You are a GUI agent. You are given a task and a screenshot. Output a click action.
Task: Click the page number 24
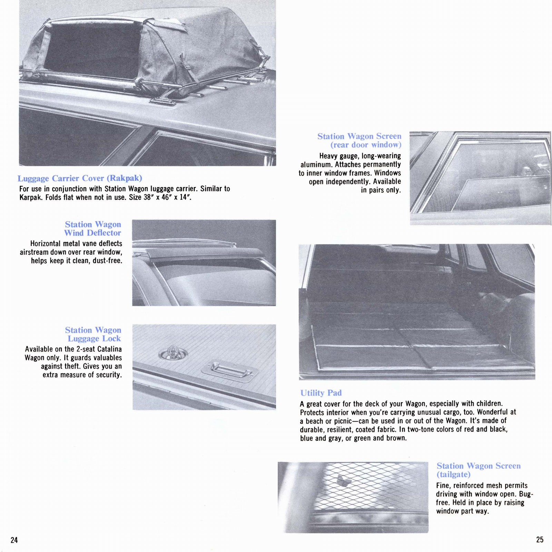(x=14, y=540)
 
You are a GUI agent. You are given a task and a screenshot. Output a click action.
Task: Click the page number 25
(x=540, y=540)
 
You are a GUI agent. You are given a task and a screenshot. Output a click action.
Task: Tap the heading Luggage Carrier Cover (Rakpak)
(x=80, y=178)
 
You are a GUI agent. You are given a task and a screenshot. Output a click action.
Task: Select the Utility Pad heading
(x=321, y=393)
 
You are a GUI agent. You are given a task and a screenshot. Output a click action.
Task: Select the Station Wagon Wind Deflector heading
(x=93, y=229)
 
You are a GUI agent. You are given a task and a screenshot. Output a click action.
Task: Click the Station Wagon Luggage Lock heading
(x=93, y=334)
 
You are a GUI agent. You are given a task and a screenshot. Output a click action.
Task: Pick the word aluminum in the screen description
(x=315, y=165)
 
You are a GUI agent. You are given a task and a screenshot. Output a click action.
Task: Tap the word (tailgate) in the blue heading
(x=453, y=474)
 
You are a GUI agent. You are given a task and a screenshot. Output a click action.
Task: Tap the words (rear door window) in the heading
(x=366, y=145)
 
